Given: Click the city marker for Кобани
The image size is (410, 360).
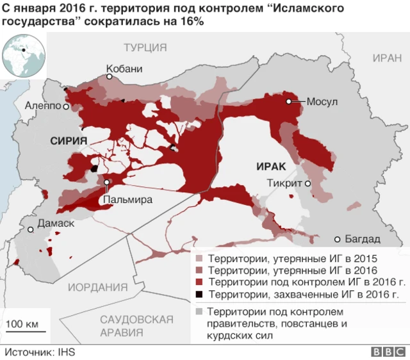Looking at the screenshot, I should [110, 77].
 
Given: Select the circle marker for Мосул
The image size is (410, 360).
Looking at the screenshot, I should [290, 101].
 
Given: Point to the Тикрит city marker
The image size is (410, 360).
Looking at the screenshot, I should [308, 183].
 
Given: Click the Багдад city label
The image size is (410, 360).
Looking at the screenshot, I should [363, 239].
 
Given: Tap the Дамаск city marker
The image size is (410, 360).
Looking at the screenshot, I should [29, 228].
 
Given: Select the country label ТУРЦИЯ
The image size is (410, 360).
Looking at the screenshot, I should [145, 47].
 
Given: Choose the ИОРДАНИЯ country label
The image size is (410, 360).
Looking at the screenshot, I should [98, 287].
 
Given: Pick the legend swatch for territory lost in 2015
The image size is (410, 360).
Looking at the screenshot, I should [199, 259].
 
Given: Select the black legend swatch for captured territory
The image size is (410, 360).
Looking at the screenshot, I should [199, 294].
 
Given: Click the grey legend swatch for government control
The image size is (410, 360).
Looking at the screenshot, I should [199, 311].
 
